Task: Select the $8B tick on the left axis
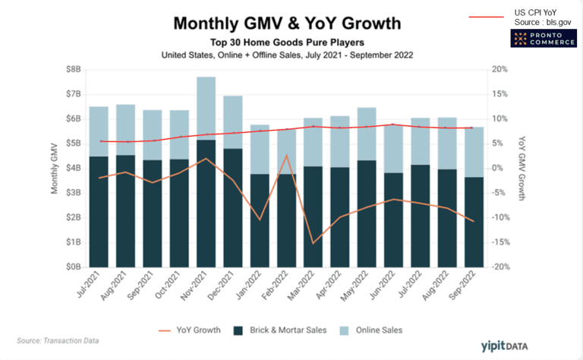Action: (x=71, y=69)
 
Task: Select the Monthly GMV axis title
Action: (x=55, y=168)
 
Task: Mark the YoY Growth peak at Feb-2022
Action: (x=286, y=155)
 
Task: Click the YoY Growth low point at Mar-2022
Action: (x=314, y=243)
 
